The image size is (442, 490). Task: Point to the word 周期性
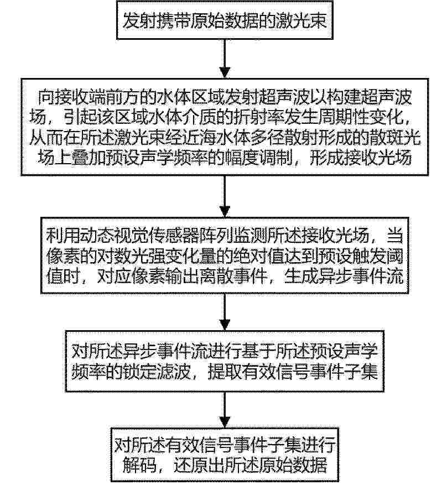[358, 118]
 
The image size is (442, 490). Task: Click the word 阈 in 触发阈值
[395, 257]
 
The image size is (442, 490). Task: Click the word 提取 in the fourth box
[224, 372]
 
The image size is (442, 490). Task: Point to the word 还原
[190, 466]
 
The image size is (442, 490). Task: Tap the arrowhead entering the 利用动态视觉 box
[225, 211]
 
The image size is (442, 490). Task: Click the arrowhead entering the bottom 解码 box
[225, 422]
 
